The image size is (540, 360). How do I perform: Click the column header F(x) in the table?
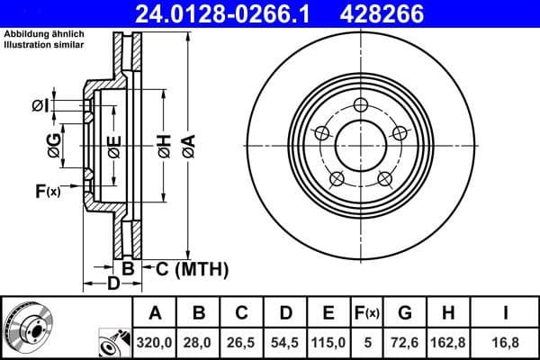tap(366, 313)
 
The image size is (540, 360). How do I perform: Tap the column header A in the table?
tap(155, 313)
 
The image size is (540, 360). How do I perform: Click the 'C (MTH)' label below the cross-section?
tap(192, 269)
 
